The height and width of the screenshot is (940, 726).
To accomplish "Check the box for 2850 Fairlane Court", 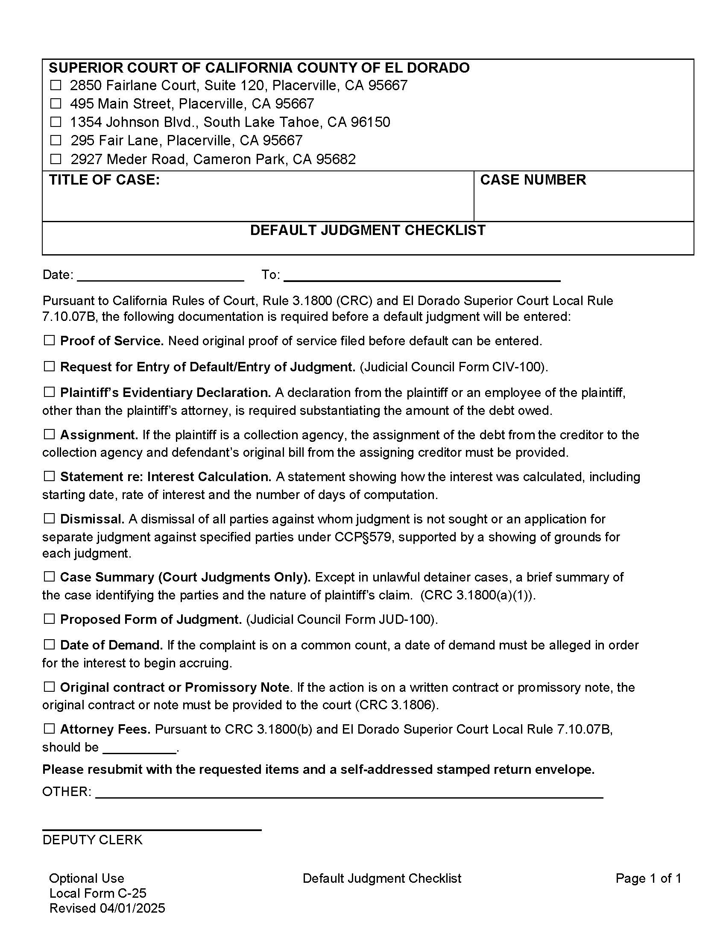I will [56, 85].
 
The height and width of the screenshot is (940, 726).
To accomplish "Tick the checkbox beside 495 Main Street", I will [56, 104].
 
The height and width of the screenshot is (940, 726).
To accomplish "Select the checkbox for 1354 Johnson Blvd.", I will [56, 122].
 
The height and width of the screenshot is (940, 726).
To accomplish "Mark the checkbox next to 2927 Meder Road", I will [56, 159].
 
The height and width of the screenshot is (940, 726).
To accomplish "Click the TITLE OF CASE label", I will [104, 180].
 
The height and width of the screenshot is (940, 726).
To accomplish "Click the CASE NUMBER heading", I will [533, 180].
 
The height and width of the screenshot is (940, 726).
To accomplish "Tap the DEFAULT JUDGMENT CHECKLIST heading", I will [368, 230].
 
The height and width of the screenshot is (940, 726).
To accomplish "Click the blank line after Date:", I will [160, 276].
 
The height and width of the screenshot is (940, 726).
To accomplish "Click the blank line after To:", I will [422, 276].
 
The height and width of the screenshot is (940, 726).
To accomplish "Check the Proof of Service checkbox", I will [50, 341].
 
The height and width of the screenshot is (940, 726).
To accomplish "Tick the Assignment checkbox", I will [50, 434].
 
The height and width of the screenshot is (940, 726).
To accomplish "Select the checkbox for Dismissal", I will [50, 519].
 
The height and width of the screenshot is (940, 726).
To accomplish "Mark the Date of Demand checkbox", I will [50, 645].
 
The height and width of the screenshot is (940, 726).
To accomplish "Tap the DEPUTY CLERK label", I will [92, 840].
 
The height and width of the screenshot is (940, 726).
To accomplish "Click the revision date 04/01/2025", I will [132, 908].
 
